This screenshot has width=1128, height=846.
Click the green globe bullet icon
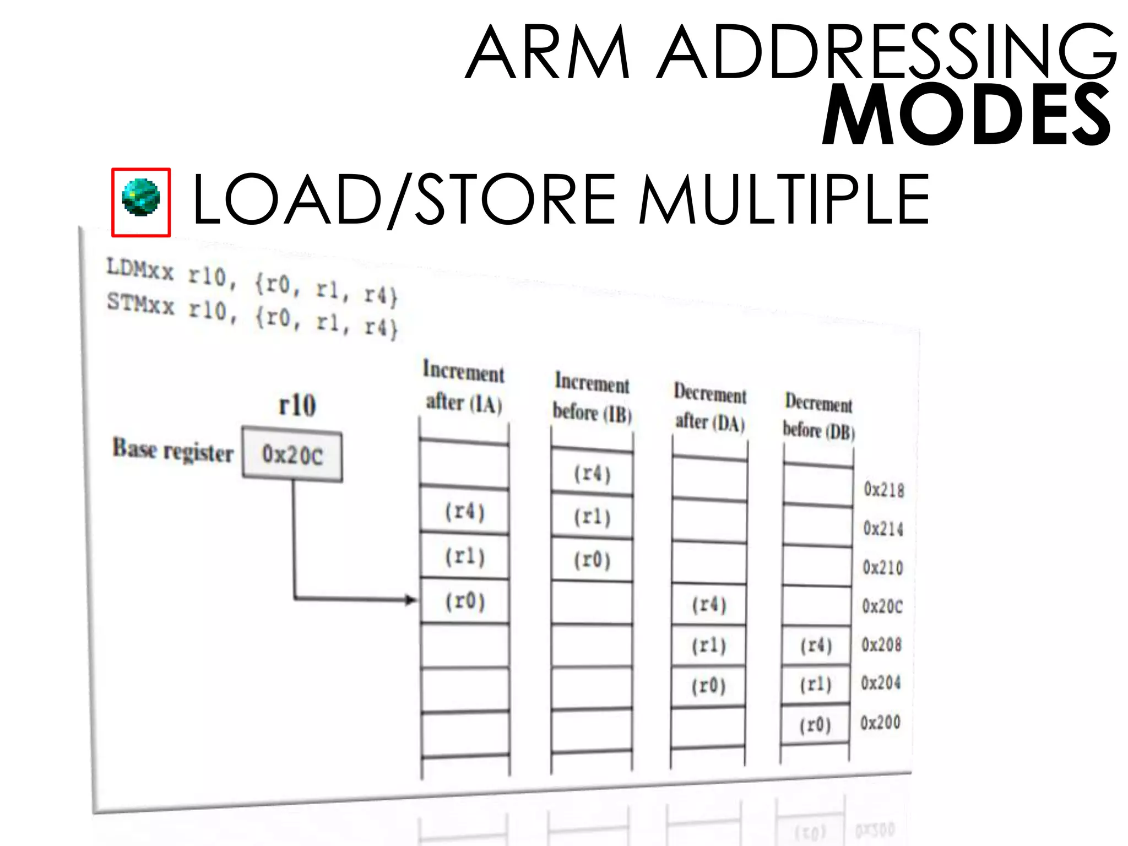(x=141, y=198)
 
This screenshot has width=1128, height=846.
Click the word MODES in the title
(x=966, y=116)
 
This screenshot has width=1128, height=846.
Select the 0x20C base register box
(x=292, y=455)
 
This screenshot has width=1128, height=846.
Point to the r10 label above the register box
(x=297, y=405)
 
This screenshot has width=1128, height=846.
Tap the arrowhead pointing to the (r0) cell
(x=411, y=599)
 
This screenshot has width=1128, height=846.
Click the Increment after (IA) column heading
(x=464, y=387)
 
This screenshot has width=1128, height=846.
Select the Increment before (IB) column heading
(x=592, y=398)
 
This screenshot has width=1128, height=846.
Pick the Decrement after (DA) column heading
(x=710, y=408)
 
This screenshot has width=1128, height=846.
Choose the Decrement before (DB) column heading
(x=819, y=417)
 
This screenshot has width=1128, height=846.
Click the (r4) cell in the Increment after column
(x=465, y=512)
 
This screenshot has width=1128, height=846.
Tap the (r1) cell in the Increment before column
(x=592, y=517)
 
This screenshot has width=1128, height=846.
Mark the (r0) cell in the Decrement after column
(x=709, y=686)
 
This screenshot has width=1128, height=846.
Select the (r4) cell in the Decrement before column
(x=816, y=645)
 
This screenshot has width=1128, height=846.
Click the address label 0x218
(x=884, y=490)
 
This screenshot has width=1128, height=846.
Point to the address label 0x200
(x=880, y=722)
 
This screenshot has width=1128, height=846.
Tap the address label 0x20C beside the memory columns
(x=882, y=606)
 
